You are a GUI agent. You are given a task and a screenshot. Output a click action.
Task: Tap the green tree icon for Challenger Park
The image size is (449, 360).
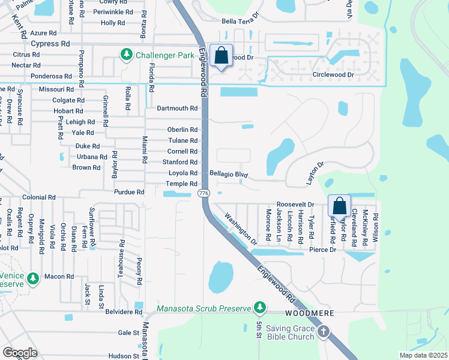tap(127, 55)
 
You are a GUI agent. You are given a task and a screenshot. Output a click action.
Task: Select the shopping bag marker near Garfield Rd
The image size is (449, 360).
tap(339, 206)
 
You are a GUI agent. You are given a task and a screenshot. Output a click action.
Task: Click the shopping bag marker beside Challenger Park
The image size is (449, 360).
tap(221, 56)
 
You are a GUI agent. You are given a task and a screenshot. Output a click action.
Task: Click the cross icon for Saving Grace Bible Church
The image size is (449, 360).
tap(324, 332)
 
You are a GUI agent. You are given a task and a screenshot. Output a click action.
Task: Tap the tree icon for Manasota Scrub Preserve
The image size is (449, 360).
tap(259, 308)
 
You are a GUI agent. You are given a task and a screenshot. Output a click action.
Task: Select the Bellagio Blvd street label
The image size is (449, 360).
tap(228, 173)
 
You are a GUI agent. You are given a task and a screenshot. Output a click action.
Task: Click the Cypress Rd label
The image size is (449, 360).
tap(50, 44)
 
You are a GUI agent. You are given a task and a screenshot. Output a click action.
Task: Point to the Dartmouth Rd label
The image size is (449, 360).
tap(177, 108)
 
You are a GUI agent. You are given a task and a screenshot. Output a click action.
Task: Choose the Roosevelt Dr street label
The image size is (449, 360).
tap(295, 205)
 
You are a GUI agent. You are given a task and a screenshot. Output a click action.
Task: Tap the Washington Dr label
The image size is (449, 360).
tap(240, 229)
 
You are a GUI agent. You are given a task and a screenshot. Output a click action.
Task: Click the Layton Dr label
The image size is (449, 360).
tap(315, 172)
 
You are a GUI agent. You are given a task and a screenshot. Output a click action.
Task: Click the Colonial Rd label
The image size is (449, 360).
tap(39, 197)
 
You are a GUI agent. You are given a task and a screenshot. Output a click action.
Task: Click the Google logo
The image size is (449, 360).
tap(20, 352)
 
